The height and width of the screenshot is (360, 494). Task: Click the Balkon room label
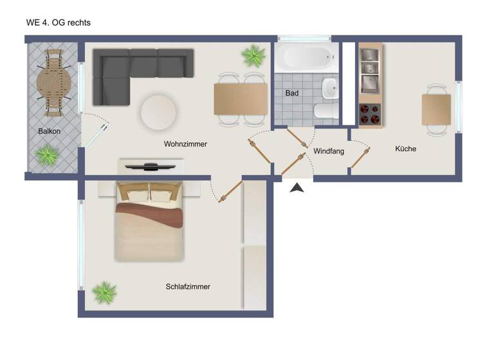49,131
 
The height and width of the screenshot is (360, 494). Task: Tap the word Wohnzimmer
185,144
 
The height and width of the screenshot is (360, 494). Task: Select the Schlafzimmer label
188,287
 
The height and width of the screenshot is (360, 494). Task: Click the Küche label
405,148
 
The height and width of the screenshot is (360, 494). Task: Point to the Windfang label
329,152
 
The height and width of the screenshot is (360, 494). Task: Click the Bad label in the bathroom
292,93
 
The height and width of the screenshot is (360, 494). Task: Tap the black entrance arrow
297,188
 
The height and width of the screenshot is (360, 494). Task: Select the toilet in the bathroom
325,112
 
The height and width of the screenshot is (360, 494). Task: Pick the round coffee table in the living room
158,112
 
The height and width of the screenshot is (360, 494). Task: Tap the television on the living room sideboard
150,166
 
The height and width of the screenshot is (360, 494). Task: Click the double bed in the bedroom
149,222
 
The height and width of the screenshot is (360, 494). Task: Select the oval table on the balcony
55,82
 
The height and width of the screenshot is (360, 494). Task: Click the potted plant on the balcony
46,155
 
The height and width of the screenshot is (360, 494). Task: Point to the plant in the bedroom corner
104,292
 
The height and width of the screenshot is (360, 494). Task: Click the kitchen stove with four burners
370,113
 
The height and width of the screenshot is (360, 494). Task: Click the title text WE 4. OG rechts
59,22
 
